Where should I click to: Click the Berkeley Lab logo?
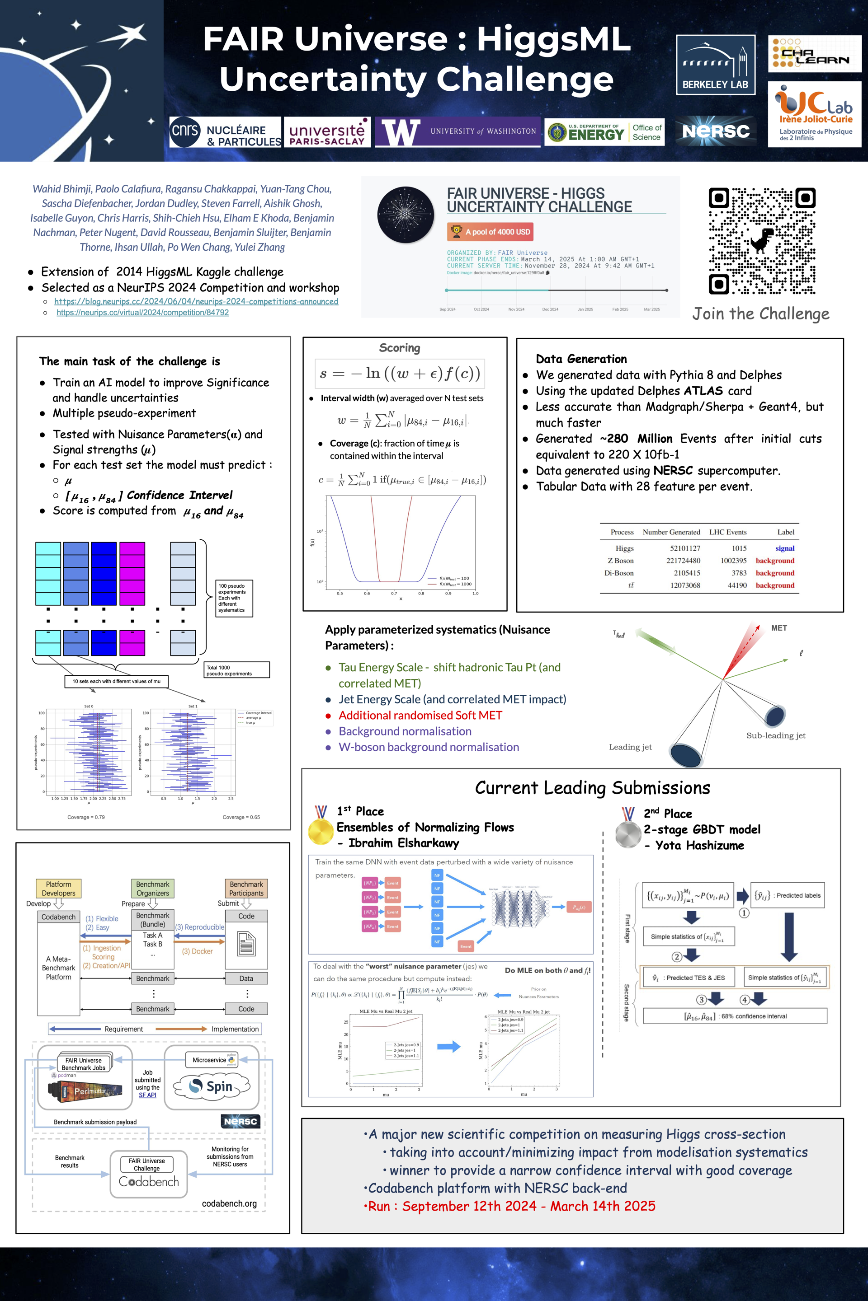(x=715, y=65)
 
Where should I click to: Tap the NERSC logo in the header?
(x=716, y=131)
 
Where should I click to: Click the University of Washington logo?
(x=457, y=131)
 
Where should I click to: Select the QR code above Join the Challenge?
(x=762, y=241)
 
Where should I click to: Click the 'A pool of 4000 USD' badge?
(x=490, y=232)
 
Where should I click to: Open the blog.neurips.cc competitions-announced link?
(x=196, y=301)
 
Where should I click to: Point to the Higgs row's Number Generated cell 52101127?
(x=685, y=548)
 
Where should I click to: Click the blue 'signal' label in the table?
(x=784, y=548)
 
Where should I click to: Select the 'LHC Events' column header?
(x=727, y=532)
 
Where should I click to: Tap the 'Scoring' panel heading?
(x=399, y=348)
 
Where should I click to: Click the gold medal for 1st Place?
(x=321, y=830)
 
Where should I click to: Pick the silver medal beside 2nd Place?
(x=628, y=833)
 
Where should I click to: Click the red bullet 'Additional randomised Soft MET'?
(x=420, y=715)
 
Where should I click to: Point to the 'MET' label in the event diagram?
(x=778, y=628)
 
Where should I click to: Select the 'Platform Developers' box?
(x=58, y=889)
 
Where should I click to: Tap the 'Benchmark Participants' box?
(x=246, y=889)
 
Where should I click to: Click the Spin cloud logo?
(x=212, y=1086)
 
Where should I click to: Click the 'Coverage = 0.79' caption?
(x=86, y=817)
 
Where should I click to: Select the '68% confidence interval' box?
(x=735, y=1016)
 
